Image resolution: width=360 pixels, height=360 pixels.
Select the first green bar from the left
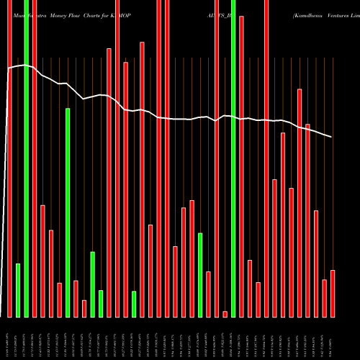point(18,290)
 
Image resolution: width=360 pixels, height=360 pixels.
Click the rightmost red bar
point(333,293)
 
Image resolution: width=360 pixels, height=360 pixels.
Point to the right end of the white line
point(332,137)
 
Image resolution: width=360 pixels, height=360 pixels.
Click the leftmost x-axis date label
point(9,338)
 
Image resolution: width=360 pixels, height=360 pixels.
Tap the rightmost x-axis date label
point(333,338)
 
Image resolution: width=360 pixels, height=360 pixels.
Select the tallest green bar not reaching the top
point(68,212)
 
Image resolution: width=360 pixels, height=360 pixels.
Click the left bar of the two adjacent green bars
point(93,284)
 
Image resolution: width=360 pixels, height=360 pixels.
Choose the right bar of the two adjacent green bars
point(101,303)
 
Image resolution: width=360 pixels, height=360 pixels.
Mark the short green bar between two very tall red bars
point(134,303)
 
